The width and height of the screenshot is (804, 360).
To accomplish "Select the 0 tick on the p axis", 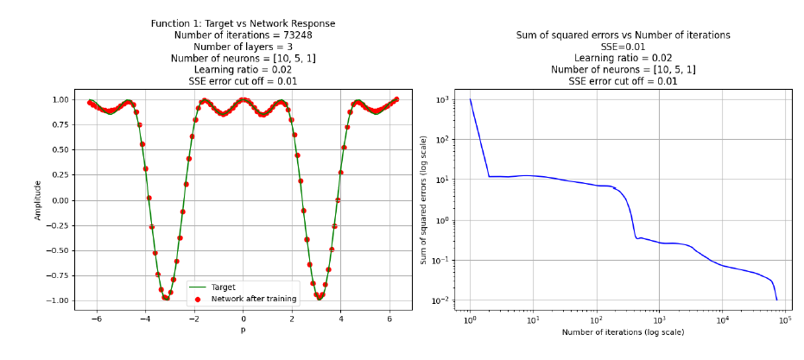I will [x=243, y=319].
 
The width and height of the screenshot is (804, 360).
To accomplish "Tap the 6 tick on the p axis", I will [x=389, y=319].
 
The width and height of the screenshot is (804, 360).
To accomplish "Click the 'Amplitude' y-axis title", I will [x=38, y=200].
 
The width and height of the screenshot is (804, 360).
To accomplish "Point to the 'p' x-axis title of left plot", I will [x=243, y=331].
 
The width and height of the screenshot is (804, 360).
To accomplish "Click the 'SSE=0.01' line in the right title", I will [x=623, y=47].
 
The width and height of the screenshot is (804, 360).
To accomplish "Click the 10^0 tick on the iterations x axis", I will [x=471, y=320].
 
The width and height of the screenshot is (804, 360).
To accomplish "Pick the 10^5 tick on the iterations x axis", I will [x=785, y=320].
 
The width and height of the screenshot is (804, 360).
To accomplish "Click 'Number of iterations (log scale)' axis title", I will [x=623, y=332].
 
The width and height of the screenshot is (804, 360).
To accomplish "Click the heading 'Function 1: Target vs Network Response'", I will [x=243, y=23].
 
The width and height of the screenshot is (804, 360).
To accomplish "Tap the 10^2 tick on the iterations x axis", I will [x=597, y=320].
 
